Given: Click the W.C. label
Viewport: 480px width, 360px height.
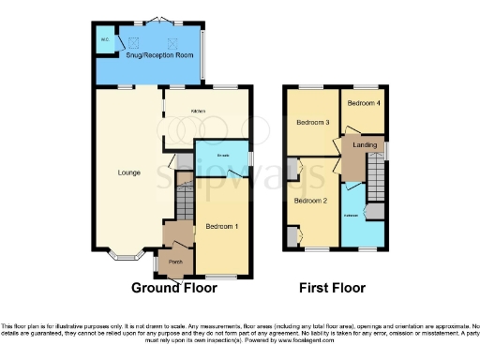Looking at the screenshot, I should (x=105, y=40).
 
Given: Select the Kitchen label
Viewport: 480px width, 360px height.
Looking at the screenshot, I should (x=199, y=112).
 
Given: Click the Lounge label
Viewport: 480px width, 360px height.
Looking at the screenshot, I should (x=129, y=172).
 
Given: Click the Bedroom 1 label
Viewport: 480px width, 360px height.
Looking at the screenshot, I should (x=222, y=227).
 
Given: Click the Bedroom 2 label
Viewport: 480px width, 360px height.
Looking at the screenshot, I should (x=309, y=201).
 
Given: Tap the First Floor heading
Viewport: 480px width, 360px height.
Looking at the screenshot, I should (x=332, y=289).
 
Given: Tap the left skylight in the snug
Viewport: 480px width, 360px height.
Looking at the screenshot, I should (x=132, y=42).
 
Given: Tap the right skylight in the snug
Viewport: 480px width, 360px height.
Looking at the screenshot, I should (x=172, y=42).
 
